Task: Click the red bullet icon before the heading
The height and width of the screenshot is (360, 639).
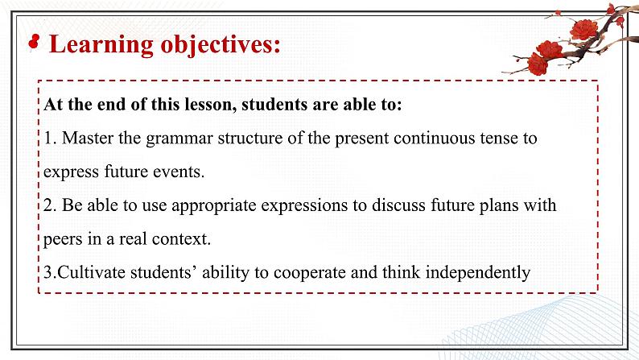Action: point(34,43)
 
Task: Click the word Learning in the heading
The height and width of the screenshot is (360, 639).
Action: point(101,44)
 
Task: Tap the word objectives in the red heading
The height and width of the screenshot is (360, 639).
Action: point(221,44)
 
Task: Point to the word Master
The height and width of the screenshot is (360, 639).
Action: point(87,138)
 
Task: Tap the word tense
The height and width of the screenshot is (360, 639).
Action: point(499,139)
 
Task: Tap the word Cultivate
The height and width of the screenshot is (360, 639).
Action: point(91,272)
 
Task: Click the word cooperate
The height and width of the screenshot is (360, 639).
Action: point(310,273)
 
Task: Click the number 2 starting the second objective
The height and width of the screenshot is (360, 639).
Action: point(50,205)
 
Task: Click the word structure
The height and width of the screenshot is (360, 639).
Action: point(249,139)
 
